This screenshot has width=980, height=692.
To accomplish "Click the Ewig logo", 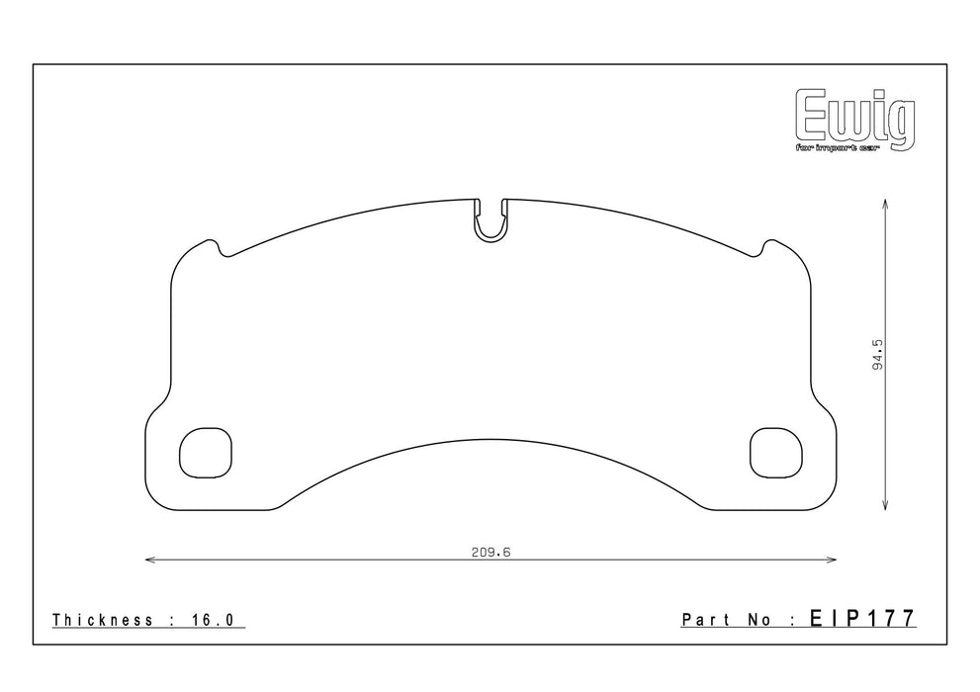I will tap(855, 117).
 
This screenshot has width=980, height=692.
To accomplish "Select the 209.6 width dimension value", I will tap(490, 553).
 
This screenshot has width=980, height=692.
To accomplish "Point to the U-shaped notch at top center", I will tap(490, 222).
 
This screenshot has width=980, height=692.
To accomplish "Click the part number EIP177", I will tap(863, 620).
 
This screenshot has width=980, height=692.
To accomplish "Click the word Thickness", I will tap(102, 621).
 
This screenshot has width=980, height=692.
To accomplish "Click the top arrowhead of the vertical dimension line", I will tap(883, 202).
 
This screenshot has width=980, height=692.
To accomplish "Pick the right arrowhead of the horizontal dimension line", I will tap(833, 561).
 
